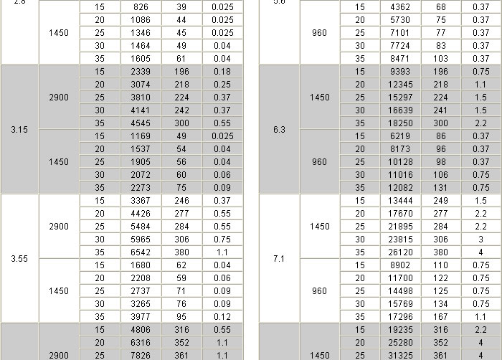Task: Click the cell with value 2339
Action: pyautogui.click(x=141, y=71)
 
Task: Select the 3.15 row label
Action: pyautogui.click(x=19, y=130)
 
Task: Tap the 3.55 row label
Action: pyautogui.click(x=19, y=258)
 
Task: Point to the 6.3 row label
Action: pyautogui.click(x=280, y=130)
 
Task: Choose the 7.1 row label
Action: pyautogui.click(x=280, y=258)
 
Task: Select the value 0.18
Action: pyautogui.click(x=222, y=71)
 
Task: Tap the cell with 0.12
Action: pyautogui.click(x=222, y=316)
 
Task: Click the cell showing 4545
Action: pyautogui.click(x=141, y=123)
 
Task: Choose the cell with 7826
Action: pyautogui.click(x=141, y=355)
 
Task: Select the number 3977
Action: pyautogui.click(x=141, y=316)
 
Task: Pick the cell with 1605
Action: pyautogui.click(x=141, y=58)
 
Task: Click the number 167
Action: pyautogui.click(x=440, y=316)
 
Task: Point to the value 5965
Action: pyautogui.click(x=141, y=239)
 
